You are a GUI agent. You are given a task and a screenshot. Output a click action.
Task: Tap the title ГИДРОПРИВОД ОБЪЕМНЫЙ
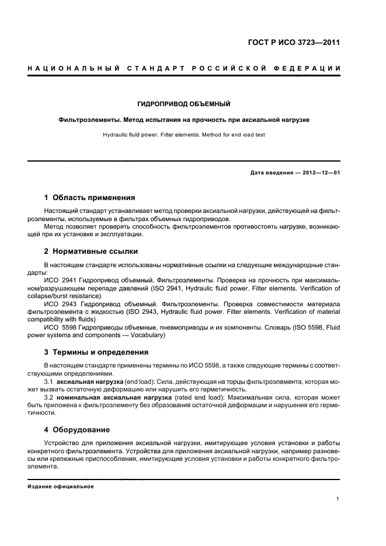pyautogui.click(x=183, y=104)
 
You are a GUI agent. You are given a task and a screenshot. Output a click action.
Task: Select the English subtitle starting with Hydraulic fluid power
pyautogui.click(x=183, y=134)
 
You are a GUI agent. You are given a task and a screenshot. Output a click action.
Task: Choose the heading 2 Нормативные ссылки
pyautogui.click(x=91, y=251)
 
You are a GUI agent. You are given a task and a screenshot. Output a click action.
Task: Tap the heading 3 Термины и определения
pyautogui.click(x=96, y=352)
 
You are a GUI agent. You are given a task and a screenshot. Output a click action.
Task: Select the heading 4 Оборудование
pyautogui.click(x=77, y=429)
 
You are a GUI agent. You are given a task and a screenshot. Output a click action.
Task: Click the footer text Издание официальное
pyautogui.click(x=61, y=487)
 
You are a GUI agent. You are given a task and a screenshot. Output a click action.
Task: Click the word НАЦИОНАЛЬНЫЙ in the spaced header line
pyautogui.click(x=70, y=69)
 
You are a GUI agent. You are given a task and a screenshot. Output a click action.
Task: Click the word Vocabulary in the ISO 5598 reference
pyautogui.click(x=148, y=335)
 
